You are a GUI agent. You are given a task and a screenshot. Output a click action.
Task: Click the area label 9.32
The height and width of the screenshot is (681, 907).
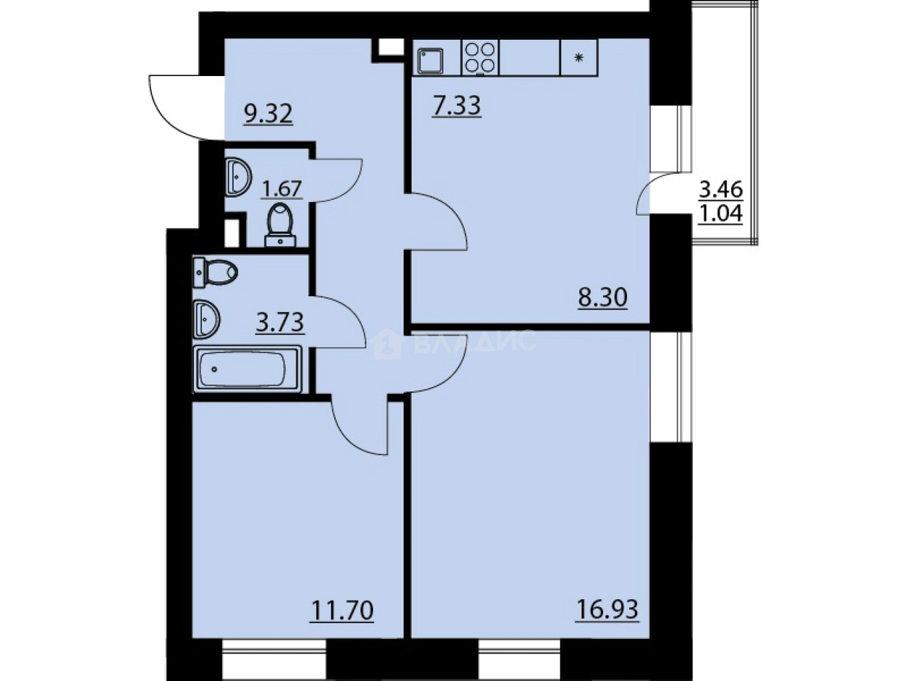[268, 114]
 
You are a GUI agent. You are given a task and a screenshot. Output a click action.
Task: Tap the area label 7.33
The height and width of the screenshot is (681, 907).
[458, 108]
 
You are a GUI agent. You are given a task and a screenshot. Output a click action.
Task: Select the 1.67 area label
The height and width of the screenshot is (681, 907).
[281, 189]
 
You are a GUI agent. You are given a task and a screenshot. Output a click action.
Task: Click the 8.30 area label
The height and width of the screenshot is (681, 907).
[601, 297]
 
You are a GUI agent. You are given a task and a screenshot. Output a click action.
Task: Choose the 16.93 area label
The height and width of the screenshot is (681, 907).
[607, 612]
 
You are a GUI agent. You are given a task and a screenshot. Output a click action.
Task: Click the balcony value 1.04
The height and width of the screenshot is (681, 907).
[720, 214]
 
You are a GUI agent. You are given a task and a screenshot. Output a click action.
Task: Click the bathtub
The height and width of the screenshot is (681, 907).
[247, 369]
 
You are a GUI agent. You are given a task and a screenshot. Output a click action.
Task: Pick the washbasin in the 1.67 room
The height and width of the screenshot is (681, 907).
[237, 176]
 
